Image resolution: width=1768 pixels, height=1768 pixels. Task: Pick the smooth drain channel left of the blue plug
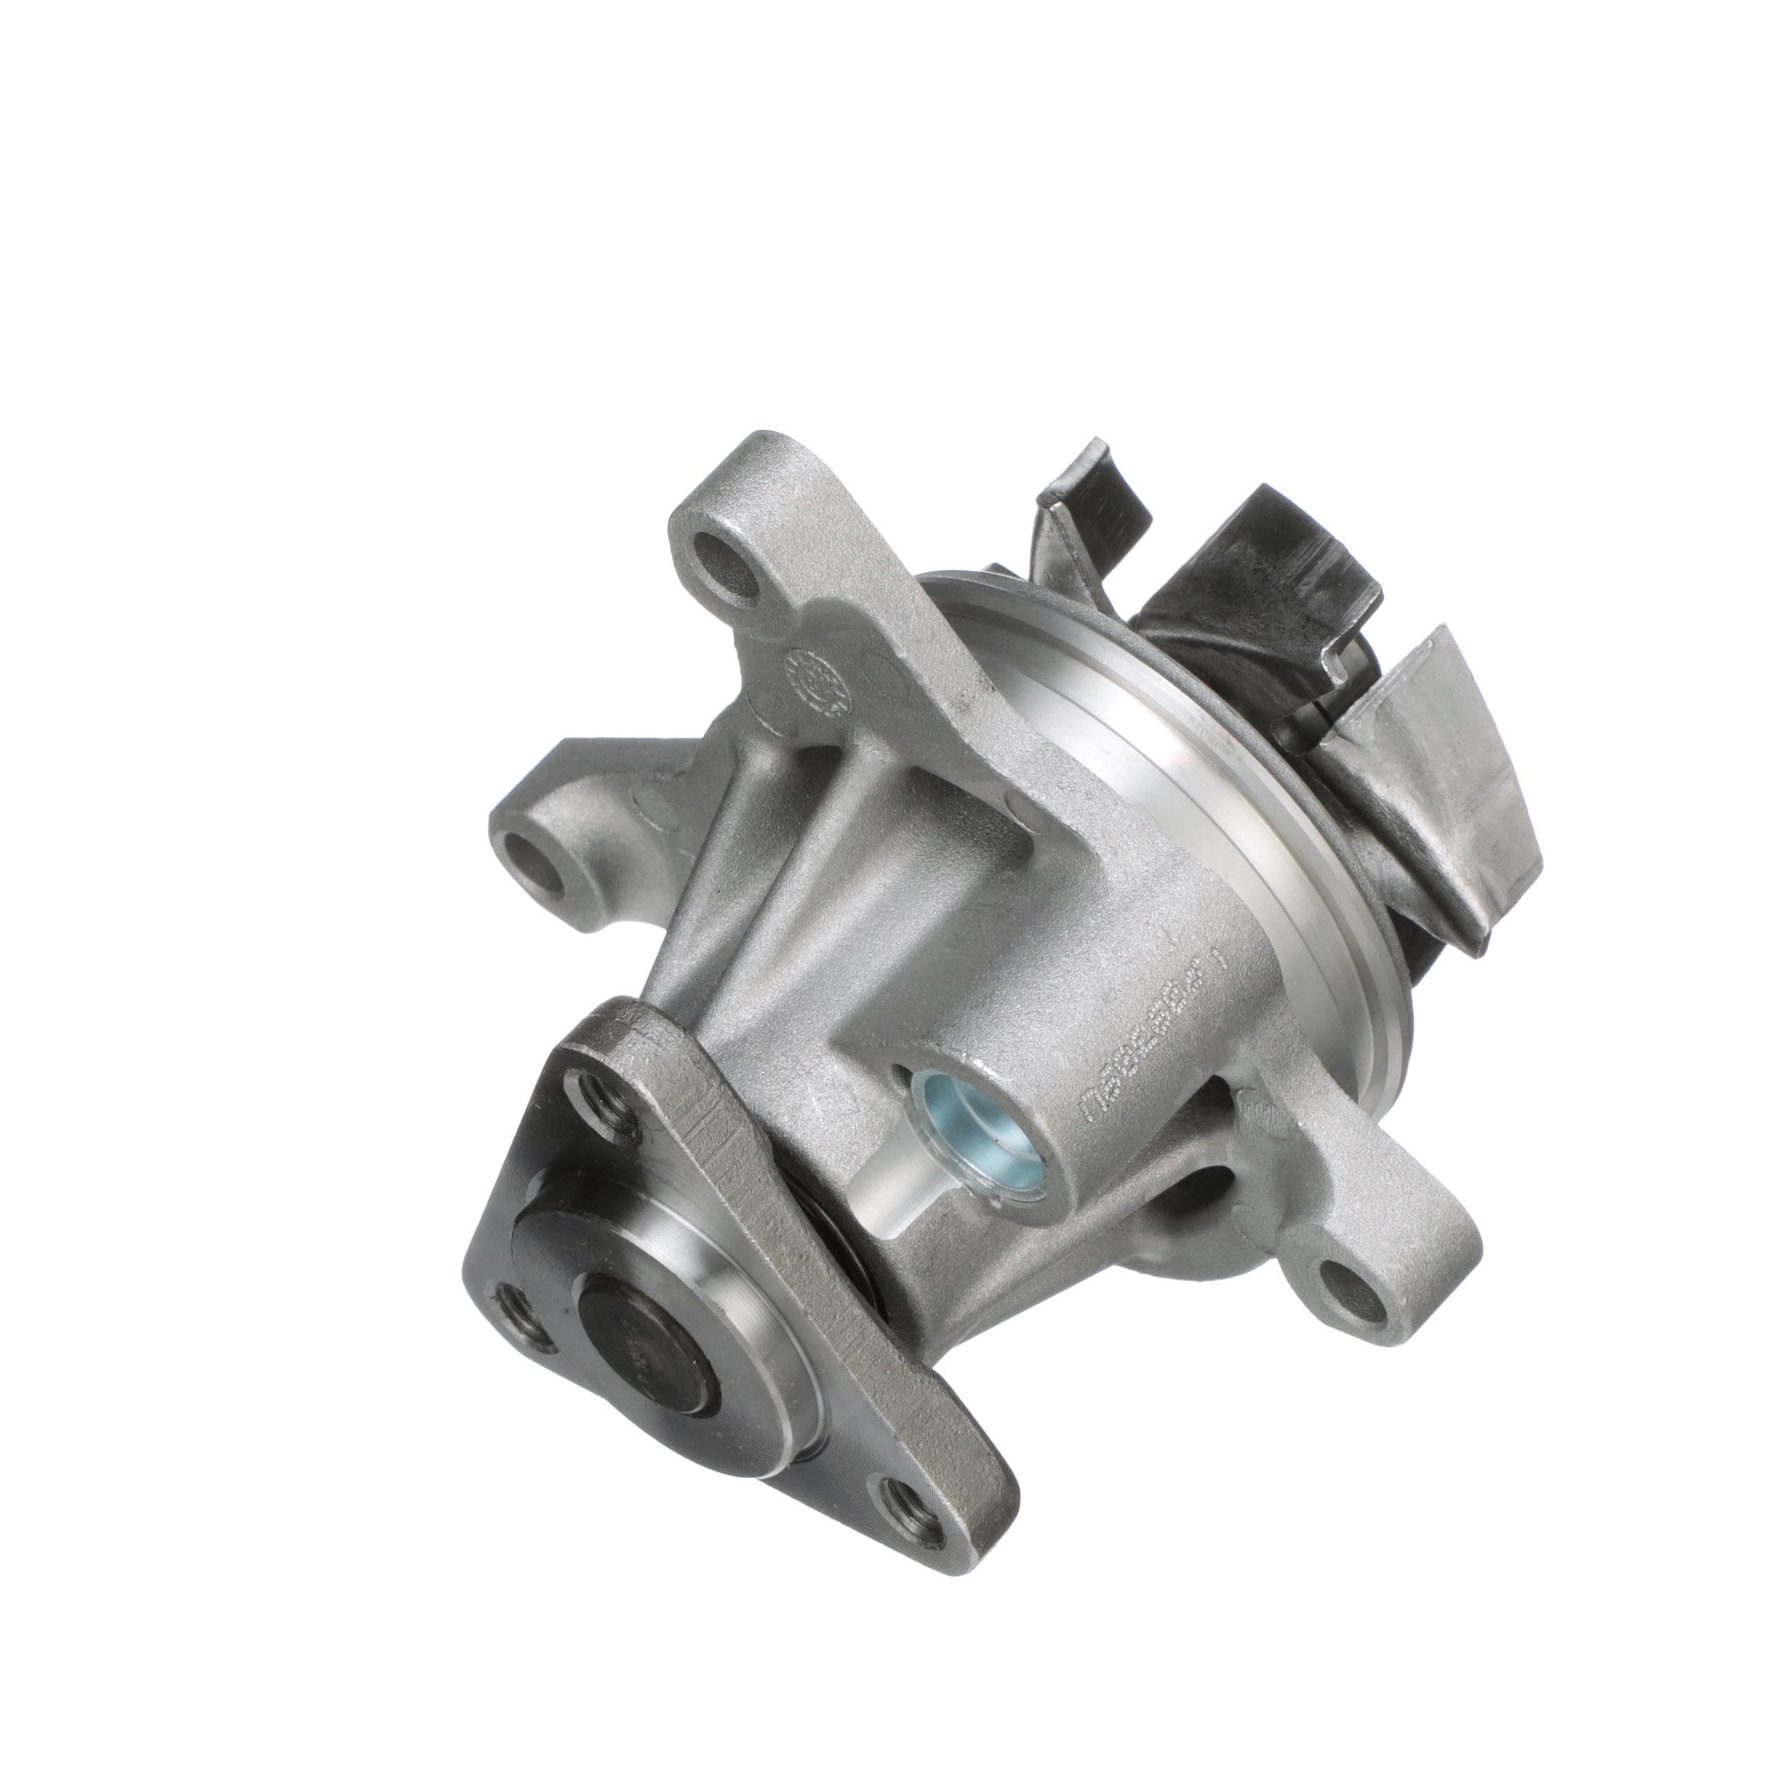click(892, 1199)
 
